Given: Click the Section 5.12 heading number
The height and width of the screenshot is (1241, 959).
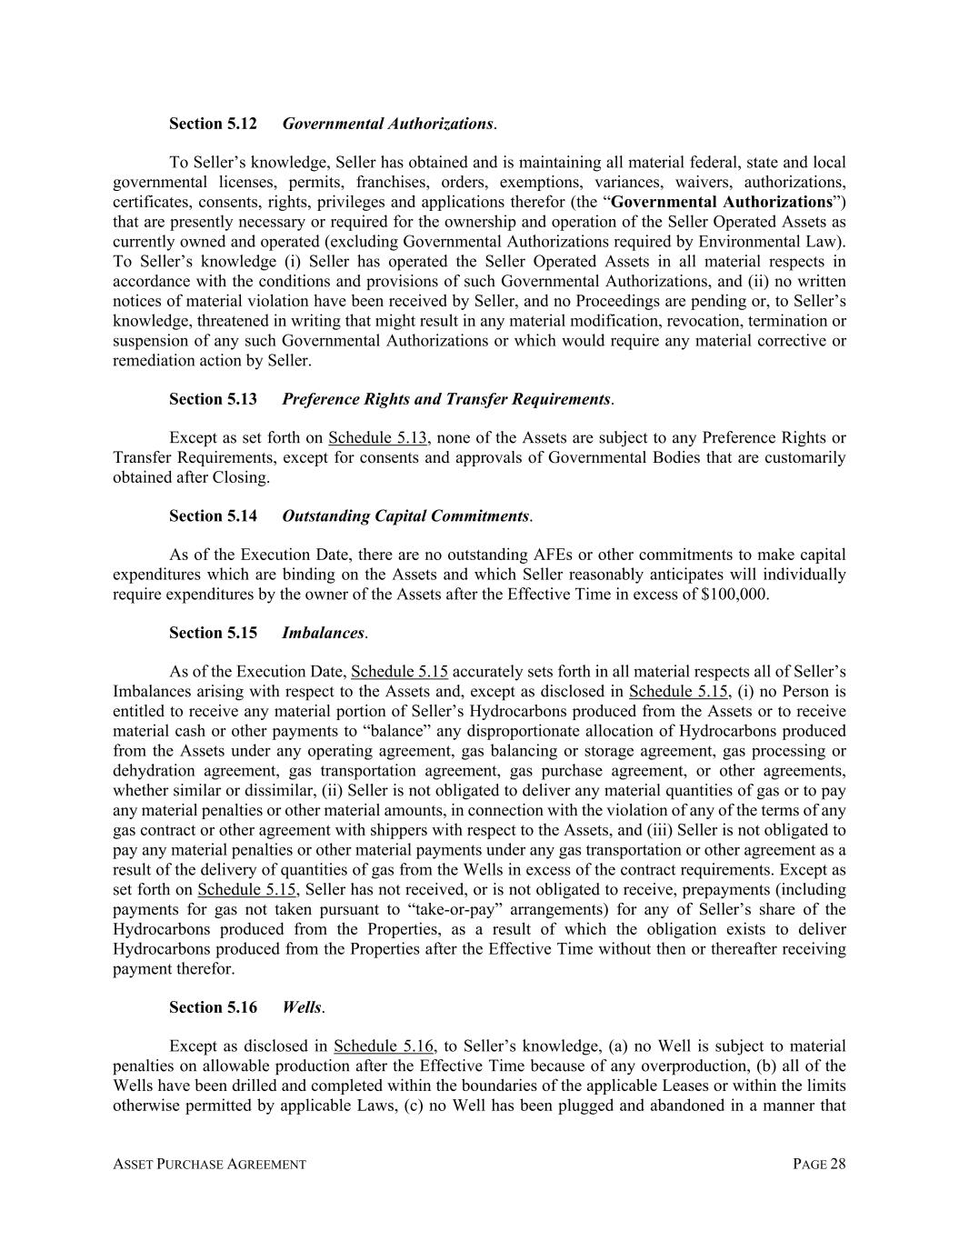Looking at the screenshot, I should [x=213, y=124].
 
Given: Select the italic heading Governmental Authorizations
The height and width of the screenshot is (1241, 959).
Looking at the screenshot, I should [x=387, y=124].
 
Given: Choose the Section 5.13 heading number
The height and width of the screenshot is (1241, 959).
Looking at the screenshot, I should [x=213, y=399].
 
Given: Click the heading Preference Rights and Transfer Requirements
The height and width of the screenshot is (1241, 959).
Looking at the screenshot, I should [x=445, y=399].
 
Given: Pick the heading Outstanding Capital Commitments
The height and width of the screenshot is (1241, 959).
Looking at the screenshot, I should [x=405, y=516].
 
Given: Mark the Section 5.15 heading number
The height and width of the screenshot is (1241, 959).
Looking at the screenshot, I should [x=213, y=633].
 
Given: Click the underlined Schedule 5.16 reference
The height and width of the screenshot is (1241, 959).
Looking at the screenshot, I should [x=384, y=1046].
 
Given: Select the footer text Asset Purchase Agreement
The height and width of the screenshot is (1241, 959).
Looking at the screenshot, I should [x=209, y=1165].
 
